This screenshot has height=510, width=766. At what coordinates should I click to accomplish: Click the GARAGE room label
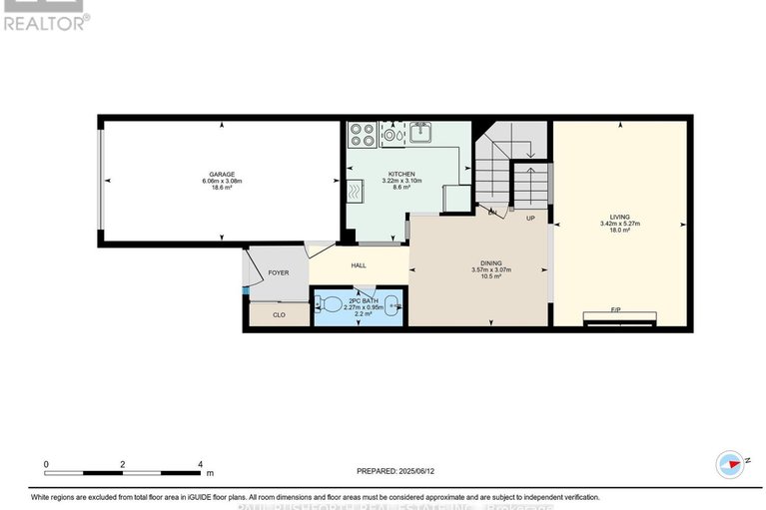(x=222, y=174)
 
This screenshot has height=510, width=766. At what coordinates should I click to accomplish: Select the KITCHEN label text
(x=401, y=174)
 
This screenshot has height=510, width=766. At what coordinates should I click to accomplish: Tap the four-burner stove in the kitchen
(x=362, y=134)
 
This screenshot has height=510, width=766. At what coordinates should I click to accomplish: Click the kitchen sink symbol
(x=420, y=131)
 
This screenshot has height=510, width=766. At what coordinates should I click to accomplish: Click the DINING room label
(x=490, y=261)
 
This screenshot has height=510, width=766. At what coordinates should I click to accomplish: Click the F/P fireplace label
(x=619, y=310)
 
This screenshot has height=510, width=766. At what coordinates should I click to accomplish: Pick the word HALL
(x=358, y=265)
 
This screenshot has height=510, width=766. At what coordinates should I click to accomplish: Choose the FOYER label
(x=278, y=271)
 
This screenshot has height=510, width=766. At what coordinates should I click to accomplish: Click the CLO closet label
(x=279, y=315)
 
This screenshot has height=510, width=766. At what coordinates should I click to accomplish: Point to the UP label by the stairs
(x=530, y=218)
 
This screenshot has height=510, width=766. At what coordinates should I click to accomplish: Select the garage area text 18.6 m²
(x=222, y=188)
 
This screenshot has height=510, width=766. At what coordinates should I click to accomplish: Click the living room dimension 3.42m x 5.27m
(x=620, y=224)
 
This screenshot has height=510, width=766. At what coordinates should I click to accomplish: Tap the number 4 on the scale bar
(x=201, y=464)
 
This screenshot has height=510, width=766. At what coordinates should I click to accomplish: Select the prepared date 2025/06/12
(x=413, y=471)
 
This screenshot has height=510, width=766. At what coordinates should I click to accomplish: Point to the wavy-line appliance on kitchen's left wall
(x=356, y=191)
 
